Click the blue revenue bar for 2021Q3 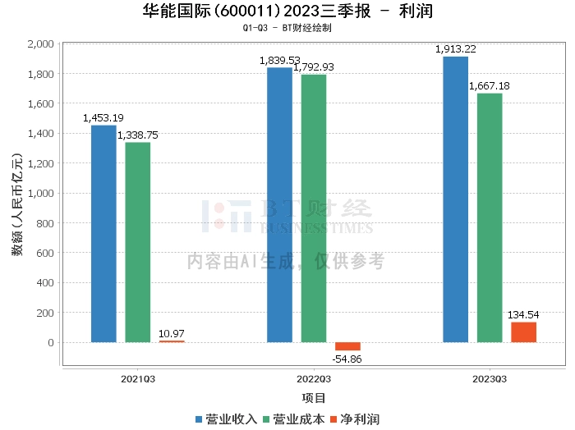coord(103,234)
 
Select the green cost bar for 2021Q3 coord(137,242)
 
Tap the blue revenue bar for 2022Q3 coord(279,205)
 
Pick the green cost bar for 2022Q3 coord(313,208)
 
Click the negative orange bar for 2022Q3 coord(347,346)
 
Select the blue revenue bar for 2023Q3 coord(455,199)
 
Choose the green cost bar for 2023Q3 coord(490,217)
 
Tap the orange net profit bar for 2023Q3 coord(523,332)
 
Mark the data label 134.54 coord(524,314)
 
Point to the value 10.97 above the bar coord(172,332)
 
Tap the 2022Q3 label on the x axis coord(313,379)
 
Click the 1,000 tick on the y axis coord(40,194)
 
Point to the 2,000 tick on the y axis coord(40,44)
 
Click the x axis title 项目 coord(313,398)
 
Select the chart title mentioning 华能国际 coord(287,11)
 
